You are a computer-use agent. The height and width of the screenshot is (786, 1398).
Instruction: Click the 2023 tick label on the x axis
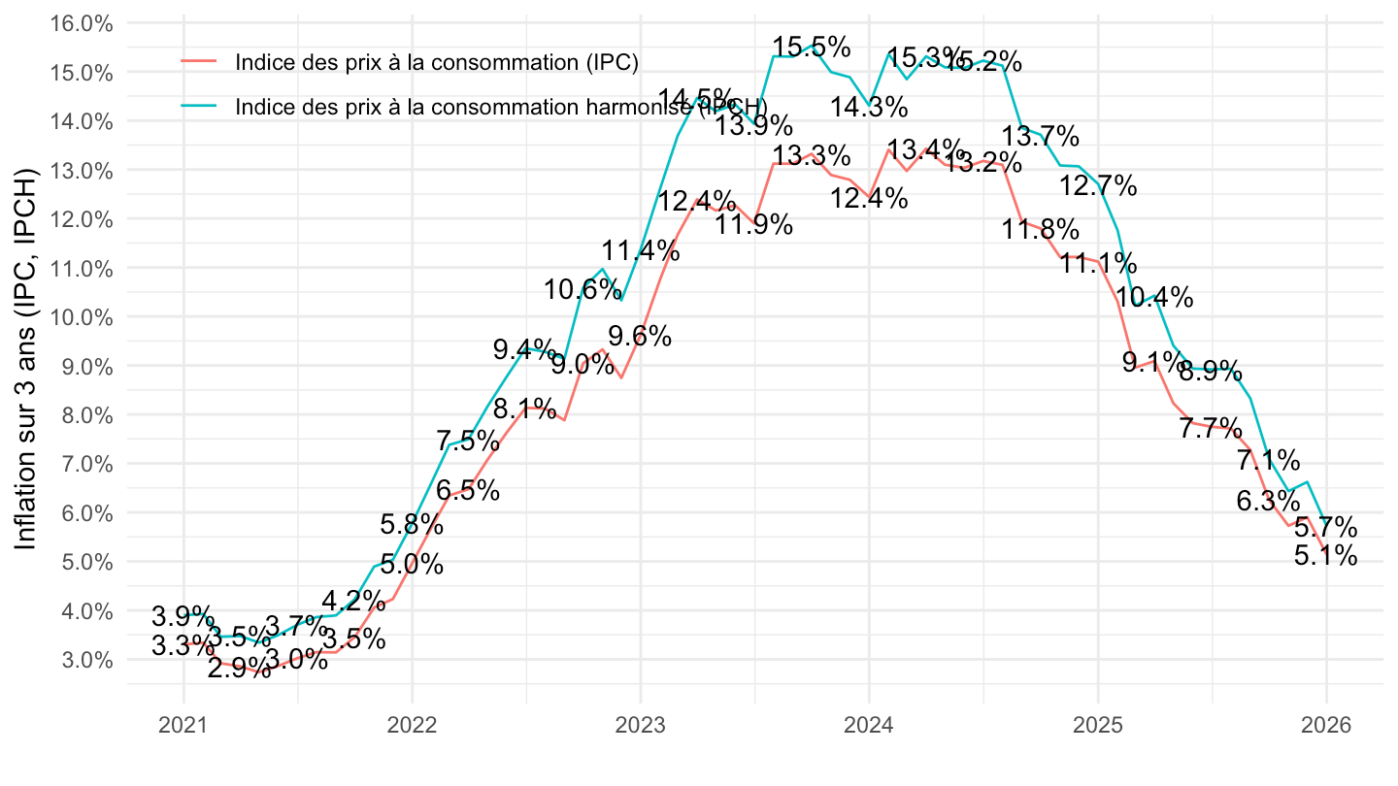coord(640,725)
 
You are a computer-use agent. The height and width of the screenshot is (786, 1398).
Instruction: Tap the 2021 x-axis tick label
coord(183,725)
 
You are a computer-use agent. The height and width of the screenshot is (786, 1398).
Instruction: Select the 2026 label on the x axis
coord(1326,725)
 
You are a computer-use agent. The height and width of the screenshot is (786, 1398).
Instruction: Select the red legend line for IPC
coord(200,62)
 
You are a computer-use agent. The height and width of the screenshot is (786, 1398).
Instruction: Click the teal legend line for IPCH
coord(200,106)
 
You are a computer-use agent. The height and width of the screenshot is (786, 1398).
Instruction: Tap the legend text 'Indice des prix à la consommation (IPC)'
coord(436,62)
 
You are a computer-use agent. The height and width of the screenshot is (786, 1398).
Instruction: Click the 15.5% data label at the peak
coord(813,46)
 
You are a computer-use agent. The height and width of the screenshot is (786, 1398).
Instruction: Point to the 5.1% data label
coord(1326,556)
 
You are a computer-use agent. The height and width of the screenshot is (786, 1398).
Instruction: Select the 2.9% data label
coord(239,668)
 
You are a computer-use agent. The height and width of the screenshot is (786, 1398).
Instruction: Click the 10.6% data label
coord(582,288)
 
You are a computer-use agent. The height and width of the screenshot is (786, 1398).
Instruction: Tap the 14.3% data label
coord(870,108)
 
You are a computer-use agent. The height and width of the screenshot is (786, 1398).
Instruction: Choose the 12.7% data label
coord(1098,184)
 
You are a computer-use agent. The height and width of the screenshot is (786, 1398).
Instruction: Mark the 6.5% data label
coord(468,490)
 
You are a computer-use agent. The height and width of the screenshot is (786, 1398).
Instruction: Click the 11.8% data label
coord(1041,230)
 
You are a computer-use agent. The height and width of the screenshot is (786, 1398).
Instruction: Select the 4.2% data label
coord(353,601)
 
